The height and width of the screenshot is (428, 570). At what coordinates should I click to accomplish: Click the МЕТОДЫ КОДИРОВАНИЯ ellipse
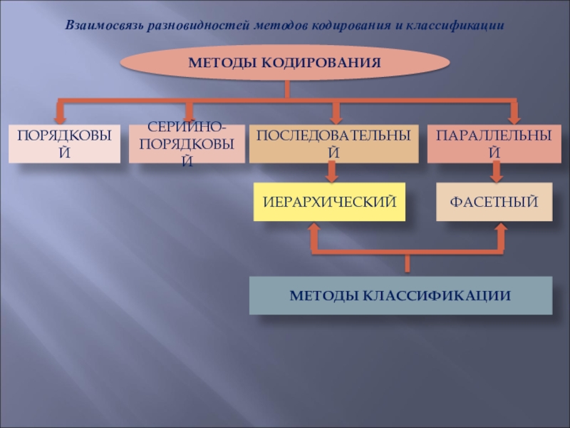[x=285, y=63]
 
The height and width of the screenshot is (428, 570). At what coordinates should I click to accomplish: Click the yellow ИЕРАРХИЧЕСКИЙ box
[x=329, y=201]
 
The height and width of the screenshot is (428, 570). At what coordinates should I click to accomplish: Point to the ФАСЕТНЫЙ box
[x=493, y=201]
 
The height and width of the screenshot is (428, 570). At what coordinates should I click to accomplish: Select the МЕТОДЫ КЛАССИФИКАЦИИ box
[x=400, y=295]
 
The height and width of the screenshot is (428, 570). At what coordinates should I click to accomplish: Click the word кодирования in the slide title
[x=352, y=25]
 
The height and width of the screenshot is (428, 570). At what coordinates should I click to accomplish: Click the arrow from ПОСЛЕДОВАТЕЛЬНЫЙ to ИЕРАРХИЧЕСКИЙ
[x=331, y=172]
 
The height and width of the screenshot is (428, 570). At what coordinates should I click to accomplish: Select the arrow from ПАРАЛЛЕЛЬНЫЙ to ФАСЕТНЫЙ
[x=497, y=172]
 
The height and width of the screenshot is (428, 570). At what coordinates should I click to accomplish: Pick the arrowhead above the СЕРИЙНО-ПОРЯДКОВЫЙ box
[x=189, y=113]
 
